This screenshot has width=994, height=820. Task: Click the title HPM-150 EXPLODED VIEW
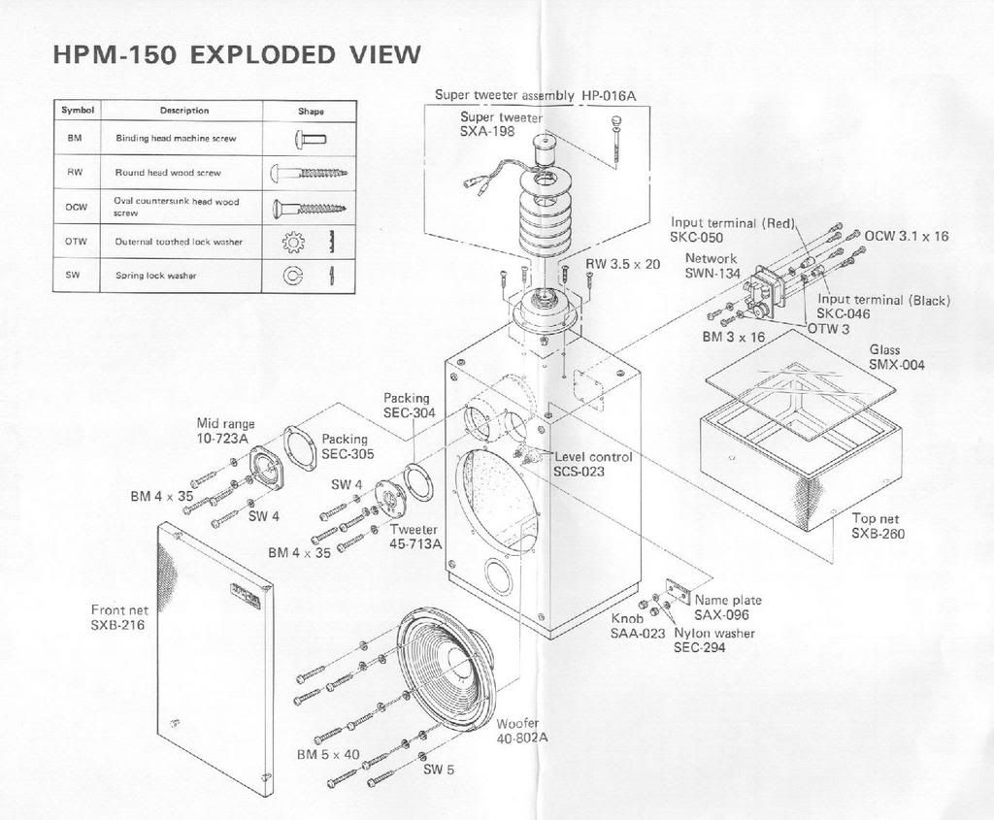tap(237, 54)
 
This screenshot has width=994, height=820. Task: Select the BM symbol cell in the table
tap(76, 138)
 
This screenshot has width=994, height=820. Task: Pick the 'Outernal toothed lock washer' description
tap(179, 241)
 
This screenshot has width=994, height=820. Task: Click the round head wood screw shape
tap(309, 173)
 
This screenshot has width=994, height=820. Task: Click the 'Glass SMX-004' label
tap(896, 357)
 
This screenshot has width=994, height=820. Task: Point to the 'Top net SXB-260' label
tap(878, 526)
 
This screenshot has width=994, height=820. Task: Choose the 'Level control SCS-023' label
tap(593, 464)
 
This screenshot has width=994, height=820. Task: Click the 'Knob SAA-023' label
tap(638, 626)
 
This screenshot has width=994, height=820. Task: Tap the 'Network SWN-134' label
tap(712, 266)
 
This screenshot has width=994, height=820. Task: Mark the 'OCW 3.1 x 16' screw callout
tap(907, 236)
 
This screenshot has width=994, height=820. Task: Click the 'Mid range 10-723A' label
tap(223, 431)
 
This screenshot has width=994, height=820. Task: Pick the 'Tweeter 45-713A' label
tap(415, 537)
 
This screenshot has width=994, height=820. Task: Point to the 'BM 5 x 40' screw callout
tap(328, 754)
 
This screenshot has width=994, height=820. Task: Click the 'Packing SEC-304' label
tap(409, 406)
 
